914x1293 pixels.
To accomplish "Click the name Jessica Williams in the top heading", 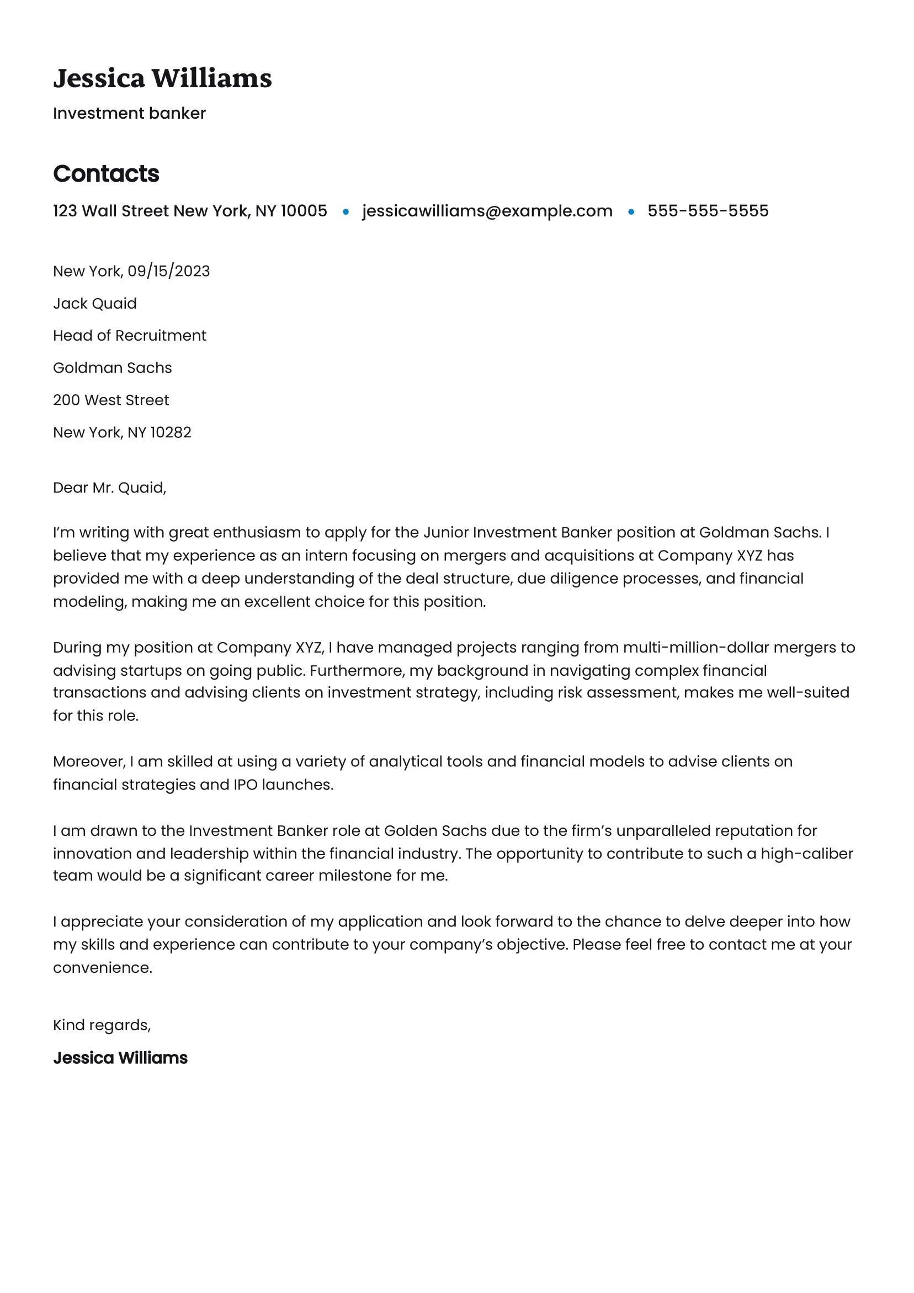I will pyautogui.click(x=162, y=78).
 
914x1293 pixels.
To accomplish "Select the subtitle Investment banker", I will pyautogui.click(x=129, y=113).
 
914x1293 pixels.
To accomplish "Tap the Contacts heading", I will pyautogui.click(x=106, y=173).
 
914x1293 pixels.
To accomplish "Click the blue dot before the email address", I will pyautogui.click(x=346, y=212).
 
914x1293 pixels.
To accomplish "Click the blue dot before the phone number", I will pyautogui.click(x=631, y=212).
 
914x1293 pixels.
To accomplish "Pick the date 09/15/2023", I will pyautogui.click(x=168, y=271).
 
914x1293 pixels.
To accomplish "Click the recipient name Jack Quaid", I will pyautogui.click(x=94, y=304).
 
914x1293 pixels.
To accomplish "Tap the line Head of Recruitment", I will pyautogui.click(x=130, y=336).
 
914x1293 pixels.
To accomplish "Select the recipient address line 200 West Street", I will pyautogui.click(x=111, y=400).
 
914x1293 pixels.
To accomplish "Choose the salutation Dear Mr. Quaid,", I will pyautogui.click(x=109, y=487).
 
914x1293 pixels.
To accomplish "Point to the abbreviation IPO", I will pyautogui.click(x=246, y=785).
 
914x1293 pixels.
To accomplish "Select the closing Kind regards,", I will pyautogui.click(x=102, y=1025).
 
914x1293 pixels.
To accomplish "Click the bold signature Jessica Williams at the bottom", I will pyautogui.click(x=120, y=1058).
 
